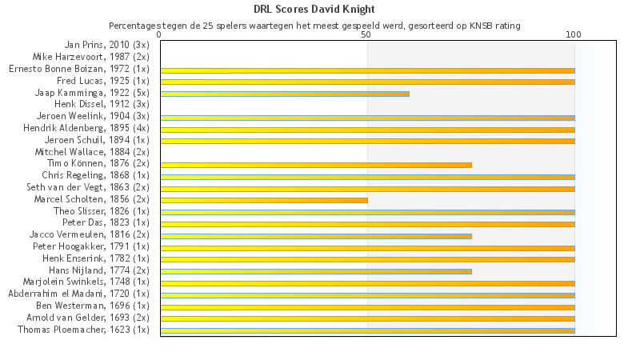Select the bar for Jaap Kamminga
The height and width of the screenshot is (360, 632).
tap(284, 94)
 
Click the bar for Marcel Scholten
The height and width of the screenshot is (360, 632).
tap(263, 200)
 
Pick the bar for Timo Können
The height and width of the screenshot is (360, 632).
tap(315, 165)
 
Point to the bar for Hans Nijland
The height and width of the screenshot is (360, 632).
tap(315, 271)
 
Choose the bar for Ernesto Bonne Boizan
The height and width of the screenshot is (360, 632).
tap(367, 70)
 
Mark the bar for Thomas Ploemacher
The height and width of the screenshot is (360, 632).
tap(367, 330)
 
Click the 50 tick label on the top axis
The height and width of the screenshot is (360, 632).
tap(366, 35)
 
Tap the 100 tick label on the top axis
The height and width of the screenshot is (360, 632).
tap(574, 35)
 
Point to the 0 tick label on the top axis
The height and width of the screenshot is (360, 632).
tap(160, 35)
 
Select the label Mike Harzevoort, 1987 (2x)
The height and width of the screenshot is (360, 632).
tap(90, 57)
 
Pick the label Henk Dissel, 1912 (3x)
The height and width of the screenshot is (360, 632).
tap(102, 104)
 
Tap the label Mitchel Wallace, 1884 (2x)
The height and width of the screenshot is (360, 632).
tap(92, 151)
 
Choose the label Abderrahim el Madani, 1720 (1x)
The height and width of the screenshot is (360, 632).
tap(78, 294)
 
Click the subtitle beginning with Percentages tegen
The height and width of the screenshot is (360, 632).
tap(314, 26)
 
